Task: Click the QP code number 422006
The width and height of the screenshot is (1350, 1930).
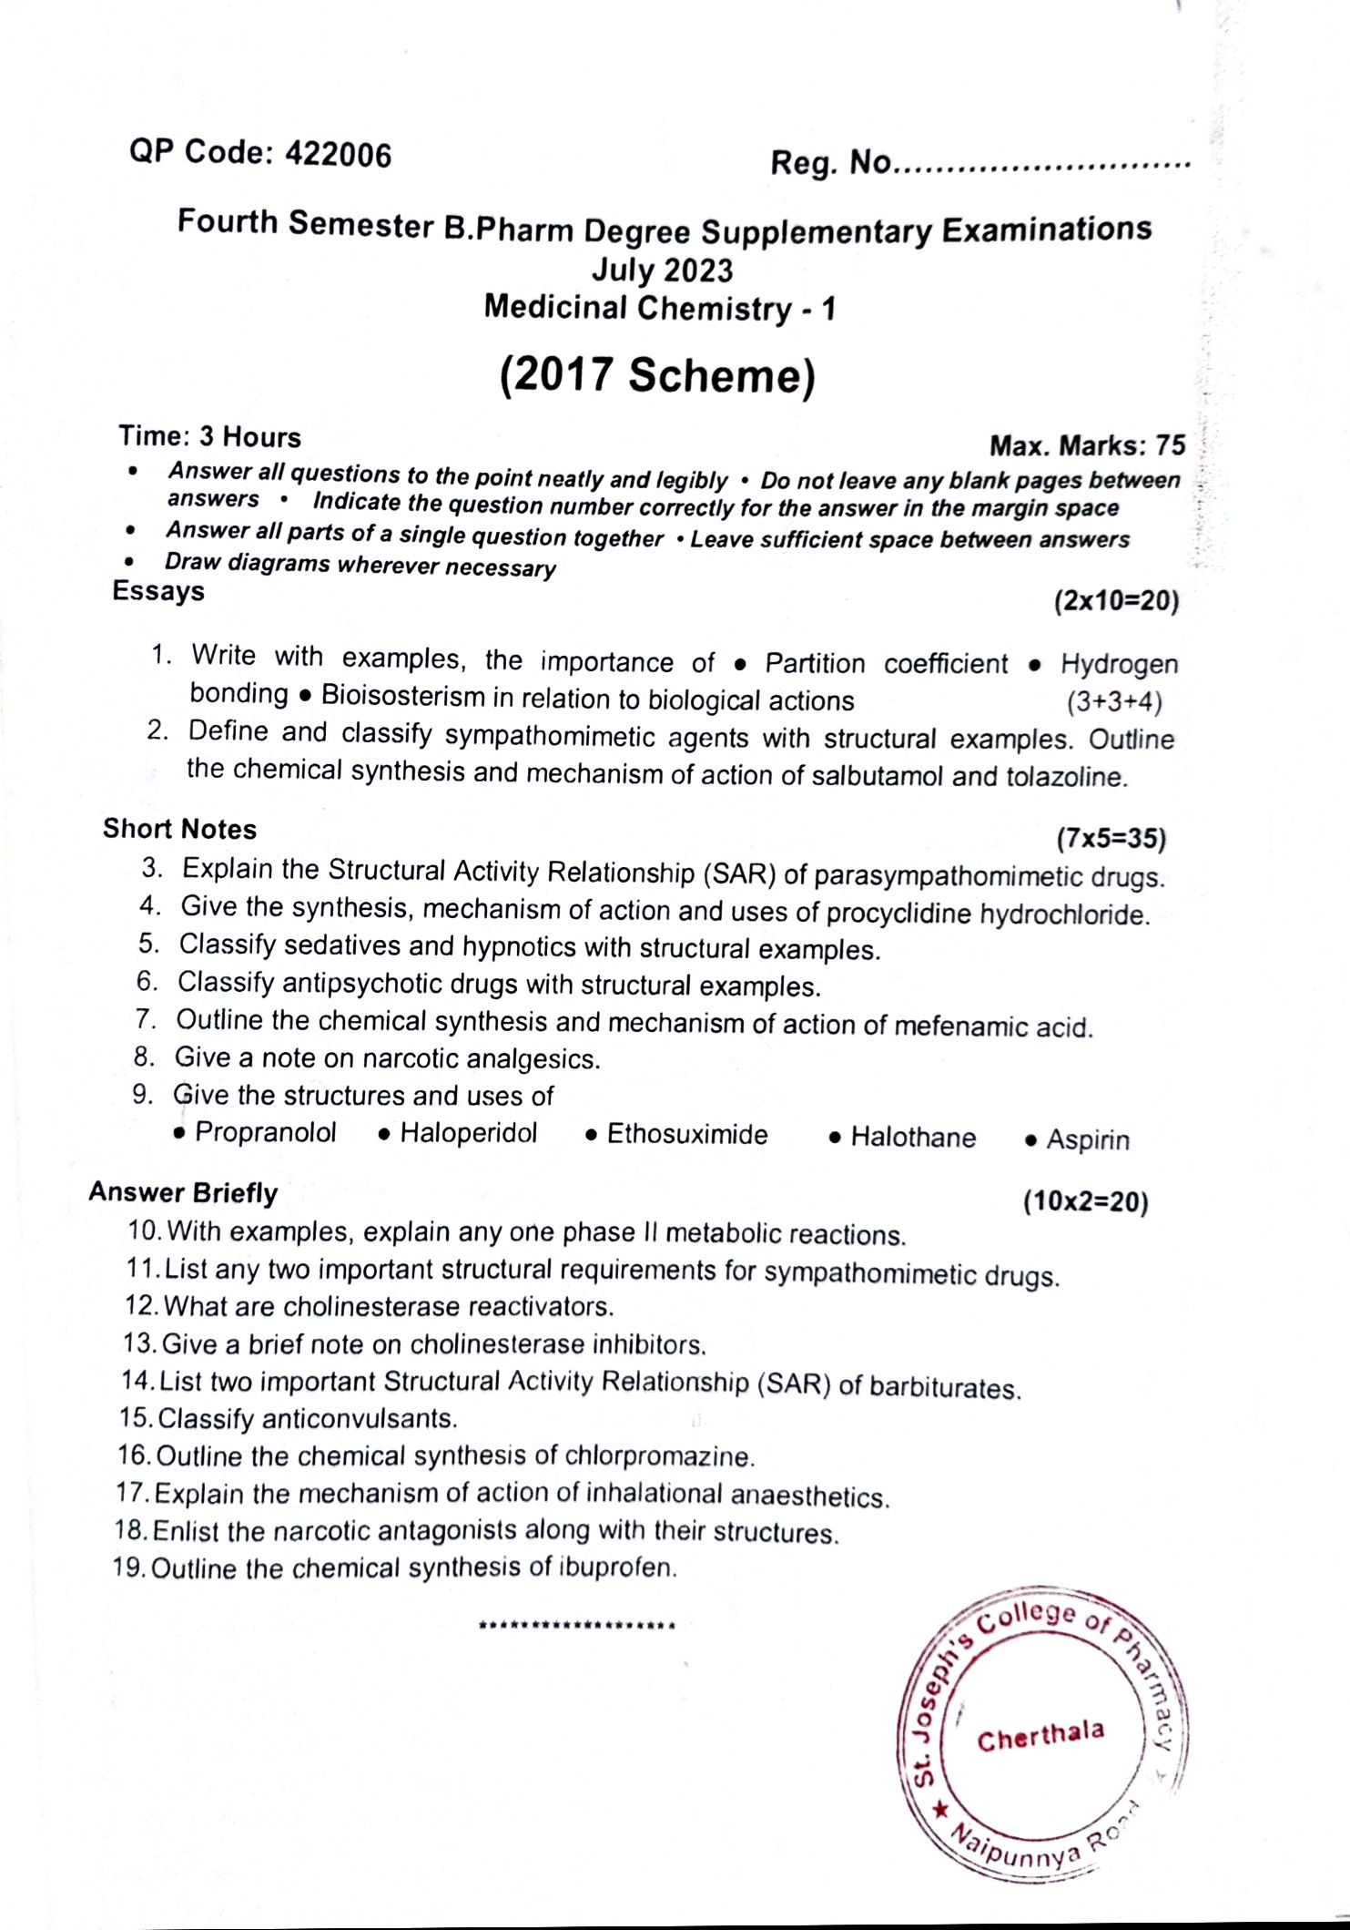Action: coord(338,155)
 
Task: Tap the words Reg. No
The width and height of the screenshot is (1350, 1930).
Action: coord(830,163)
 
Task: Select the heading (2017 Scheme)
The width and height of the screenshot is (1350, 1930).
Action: coord(657,375)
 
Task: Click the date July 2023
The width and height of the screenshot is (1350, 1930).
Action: coord(662,270)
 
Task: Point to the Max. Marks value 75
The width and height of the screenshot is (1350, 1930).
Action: coord(1171,444)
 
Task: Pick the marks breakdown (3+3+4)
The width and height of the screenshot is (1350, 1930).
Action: coord(1114,701)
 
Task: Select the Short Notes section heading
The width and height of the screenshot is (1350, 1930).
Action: coord(179,829)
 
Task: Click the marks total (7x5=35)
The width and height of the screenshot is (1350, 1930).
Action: coord(1111,838)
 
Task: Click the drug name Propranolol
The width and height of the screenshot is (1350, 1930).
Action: coord(265,1132)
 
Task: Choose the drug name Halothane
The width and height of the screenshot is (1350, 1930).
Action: coord(912,1138)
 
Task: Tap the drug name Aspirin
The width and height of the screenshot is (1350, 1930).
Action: coord(1087,1139)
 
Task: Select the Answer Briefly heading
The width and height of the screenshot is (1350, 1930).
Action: coord(183,1192)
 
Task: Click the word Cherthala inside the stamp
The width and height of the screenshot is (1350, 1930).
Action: coord(1040,1735)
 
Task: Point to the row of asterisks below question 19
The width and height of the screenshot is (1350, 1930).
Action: coord(576,1625)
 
